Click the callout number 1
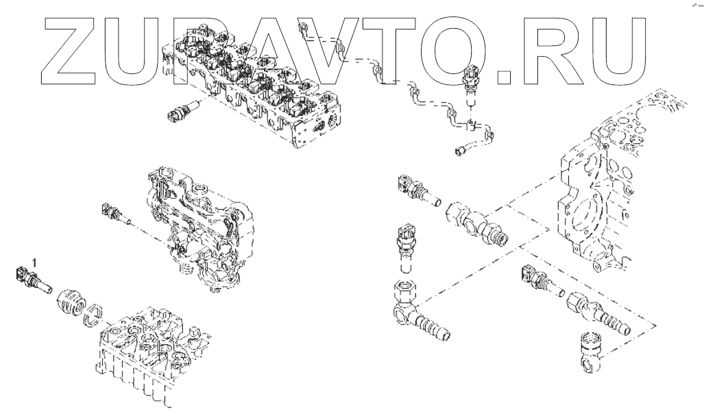coord(33,261)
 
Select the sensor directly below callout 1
coord(33,280)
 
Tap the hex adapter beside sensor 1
coord(71,300)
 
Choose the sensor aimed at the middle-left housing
coord(117,214)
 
